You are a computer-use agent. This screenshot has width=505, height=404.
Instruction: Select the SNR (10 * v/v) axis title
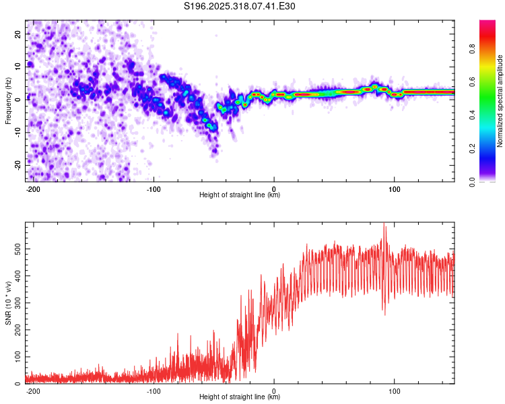point(8,303)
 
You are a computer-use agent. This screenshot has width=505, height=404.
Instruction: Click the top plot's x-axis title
point(240,195)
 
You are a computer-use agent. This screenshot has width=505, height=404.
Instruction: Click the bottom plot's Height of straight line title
point(240,397)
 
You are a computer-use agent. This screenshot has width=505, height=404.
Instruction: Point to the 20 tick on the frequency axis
point(18,33)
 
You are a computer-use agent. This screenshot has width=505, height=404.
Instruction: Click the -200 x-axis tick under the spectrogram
point(32,188)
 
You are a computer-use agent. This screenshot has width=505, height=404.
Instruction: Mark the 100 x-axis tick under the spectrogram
point(395,188)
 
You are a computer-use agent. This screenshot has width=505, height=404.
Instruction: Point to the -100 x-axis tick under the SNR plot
point(153,390)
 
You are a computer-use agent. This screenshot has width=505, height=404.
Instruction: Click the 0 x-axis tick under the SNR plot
point(274,390)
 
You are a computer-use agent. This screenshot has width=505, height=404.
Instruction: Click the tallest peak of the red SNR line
point(384,224)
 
